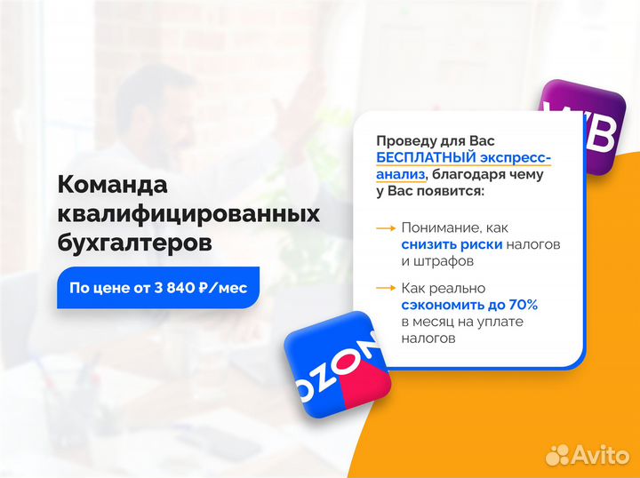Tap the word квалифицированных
click(x=188, y=213)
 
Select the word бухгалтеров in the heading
click(x=134, y=242)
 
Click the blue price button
click(x=158, y=288)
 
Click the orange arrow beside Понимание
click(x=386, y=228)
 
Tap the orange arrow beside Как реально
click(x=386, y=288)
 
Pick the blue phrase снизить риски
click(x=452, y=244)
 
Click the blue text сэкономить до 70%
click(x=469, y=305)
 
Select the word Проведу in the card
click(x=404, y=141)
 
